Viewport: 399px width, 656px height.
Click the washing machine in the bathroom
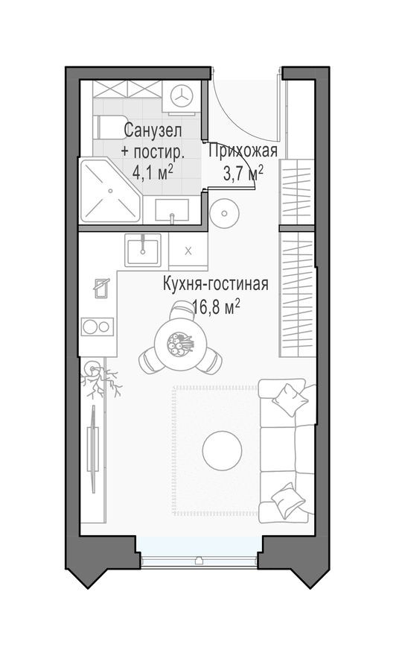click(x=182, y=96)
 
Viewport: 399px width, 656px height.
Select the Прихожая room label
click(x=243, y=152)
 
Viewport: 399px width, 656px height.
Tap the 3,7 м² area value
click(x=243, y=174)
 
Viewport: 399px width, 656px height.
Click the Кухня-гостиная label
click(x=215, y=283)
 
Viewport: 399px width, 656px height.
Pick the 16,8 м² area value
click(x=215, y=306)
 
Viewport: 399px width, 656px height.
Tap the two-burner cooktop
click(x=97, y=326)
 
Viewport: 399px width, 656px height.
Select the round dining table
click(x=180, y=344)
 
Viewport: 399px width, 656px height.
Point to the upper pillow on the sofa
click(x=289, y=399)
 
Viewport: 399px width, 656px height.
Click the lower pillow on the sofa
click(x=287, y=500)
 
